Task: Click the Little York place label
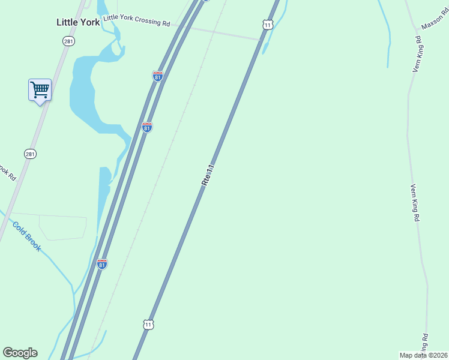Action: [x=78, y=22]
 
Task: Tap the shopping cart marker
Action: [x=40, y=90]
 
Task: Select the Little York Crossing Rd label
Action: [x=136, y=20]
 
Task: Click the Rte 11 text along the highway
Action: [x=208, y=173]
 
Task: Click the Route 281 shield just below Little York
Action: [x=68, y=41]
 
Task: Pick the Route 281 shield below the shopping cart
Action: [x=30, y=154]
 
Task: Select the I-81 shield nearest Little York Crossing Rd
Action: [x=157, y=76]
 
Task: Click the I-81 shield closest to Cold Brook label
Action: [x=102, y=264]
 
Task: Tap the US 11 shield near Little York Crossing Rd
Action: [x=268, y=24]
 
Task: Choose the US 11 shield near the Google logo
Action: [x=148, y=324]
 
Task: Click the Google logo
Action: [x=20, y=353]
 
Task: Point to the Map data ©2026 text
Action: [x=424, y=355]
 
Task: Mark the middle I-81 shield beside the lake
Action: [x=147, y=127]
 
